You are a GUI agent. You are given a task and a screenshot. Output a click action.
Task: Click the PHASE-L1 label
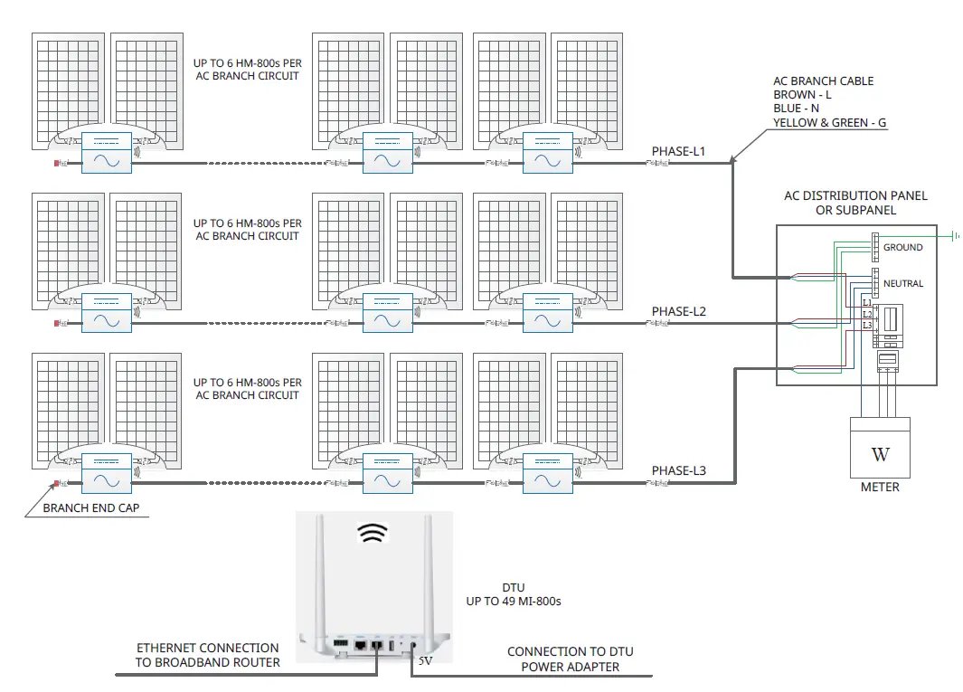[679, 150]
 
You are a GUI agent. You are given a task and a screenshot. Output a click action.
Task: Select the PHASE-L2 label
[679, 311]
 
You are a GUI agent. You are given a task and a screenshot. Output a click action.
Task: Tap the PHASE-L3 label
[679, 470]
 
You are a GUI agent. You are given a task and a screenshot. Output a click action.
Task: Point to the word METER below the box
[880, 488]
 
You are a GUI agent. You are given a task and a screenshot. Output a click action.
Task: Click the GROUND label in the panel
[902, 247]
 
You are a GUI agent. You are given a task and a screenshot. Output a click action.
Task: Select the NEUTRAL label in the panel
[903, 283]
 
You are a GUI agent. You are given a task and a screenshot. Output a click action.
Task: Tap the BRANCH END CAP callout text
[91, 508]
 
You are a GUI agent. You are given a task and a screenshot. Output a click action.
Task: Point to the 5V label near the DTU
[426, 661]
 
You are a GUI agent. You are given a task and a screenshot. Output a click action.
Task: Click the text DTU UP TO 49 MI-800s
[513, 594]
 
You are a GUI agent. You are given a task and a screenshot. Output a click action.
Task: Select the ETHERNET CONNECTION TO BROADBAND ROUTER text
[207, 655]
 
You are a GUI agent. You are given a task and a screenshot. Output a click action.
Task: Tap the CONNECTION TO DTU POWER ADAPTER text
[570, 659]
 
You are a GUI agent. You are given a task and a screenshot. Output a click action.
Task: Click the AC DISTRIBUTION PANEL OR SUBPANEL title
[855, 203]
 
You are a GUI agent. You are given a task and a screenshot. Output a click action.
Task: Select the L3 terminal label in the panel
[866, 324]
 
